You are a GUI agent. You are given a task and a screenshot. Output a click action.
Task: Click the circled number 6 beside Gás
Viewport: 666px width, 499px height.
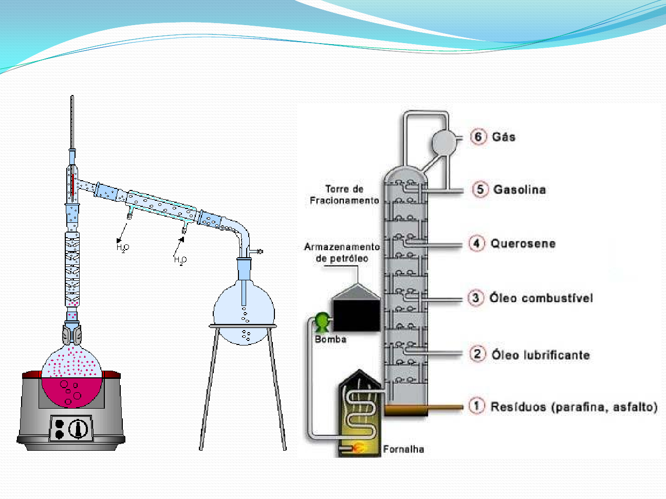pyautogui.click(x=478, y=137)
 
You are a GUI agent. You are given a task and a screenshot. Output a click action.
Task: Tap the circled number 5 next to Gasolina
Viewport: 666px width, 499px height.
pyautogui.click(x=480, y=189)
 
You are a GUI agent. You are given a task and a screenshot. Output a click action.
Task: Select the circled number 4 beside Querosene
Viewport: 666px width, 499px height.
pyautogui.click(x=476, y=243)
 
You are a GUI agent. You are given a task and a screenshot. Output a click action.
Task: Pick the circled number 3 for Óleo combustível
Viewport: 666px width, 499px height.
pyautogui.click(x=476, y=298)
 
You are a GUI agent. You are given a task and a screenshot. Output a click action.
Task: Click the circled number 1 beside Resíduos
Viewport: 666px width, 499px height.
pyautogui.click(x=476, y=406)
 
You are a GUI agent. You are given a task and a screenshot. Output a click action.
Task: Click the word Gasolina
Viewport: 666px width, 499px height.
pyautogui.click(x=519, y=189)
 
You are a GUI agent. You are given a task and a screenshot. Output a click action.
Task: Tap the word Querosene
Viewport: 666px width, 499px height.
pyautogui.click(x=523, y=243)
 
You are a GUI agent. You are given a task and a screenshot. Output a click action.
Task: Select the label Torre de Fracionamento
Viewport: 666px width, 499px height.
pyautogui.click(x=344, y=195)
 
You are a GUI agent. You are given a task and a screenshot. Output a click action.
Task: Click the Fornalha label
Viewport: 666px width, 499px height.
pyautogui.click(x=403, y=449)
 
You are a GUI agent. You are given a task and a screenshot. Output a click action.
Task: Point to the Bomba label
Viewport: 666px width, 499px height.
pyautogui.click(x=330, y=339)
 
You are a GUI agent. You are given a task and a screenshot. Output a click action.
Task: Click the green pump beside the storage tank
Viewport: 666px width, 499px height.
pyautogui.click(x=322, y=322)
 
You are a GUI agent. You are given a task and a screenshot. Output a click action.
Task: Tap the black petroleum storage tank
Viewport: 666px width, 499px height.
pyautogui.click(x=356, y=314)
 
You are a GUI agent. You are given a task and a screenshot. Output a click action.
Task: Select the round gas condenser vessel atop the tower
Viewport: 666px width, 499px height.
pyautogui.click(x=443, y=141)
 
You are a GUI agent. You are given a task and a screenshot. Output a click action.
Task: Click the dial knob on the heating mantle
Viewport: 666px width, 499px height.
pyautogui.click(x=78, y=428)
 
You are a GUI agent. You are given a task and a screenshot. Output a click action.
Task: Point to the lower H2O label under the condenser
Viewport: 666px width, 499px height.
pyautogui.click(x=180, y=260)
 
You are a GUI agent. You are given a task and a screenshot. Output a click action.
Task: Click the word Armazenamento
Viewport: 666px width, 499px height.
pyautogui.click(x=342, y=247)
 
